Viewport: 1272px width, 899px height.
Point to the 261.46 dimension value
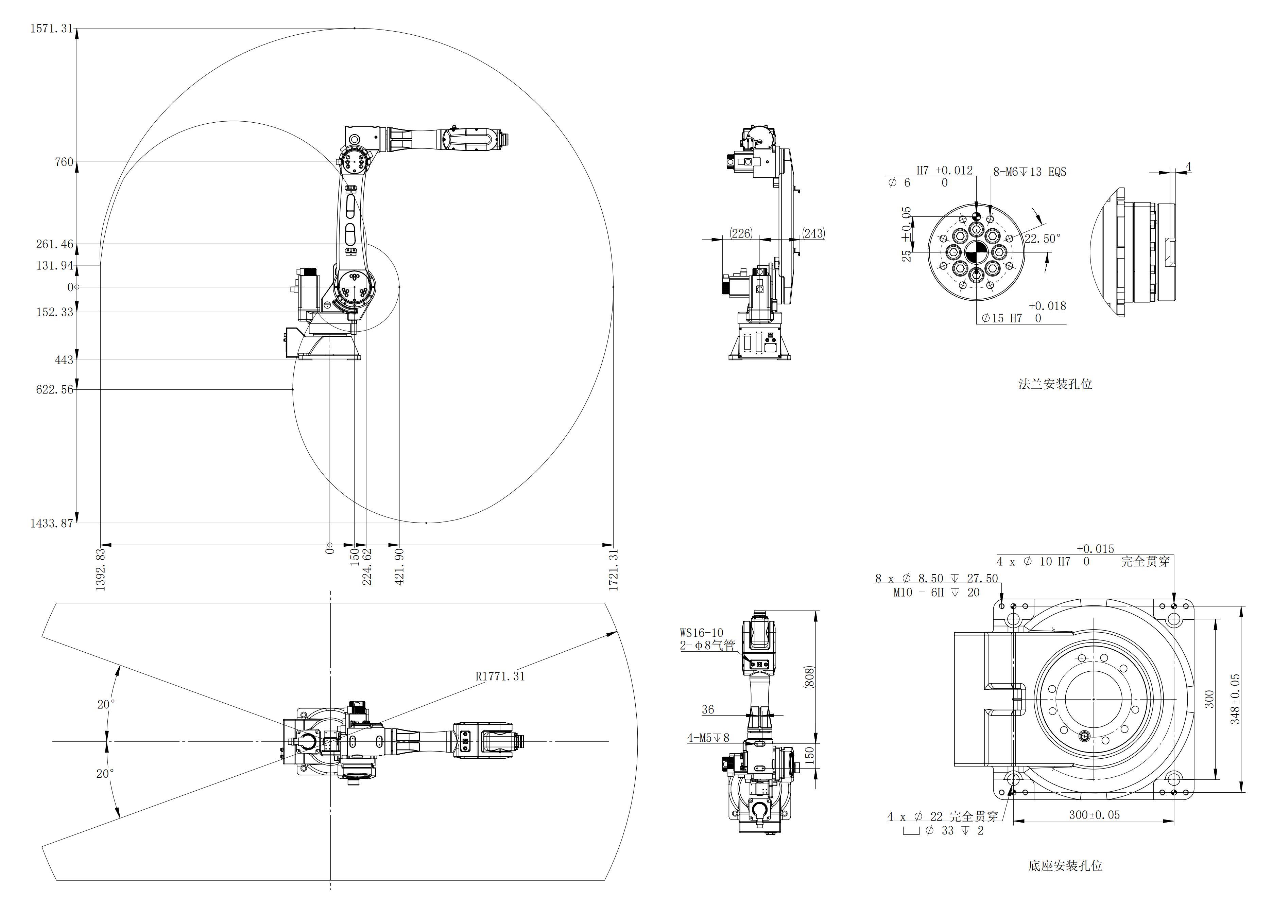click(54, 244)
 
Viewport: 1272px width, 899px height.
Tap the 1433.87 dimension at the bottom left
click(52, 524)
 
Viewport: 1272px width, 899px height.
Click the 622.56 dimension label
click(54, 390)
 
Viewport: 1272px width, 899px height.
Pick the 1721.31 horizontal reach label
click(614, 570)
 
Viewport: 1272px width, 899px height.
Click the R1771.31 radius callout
click(500, 676)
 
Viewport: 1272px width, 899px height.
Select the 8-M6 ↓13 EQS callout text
click(1029, 172)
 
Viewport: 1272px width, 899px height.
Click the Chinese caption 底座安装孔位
click(1065, 866)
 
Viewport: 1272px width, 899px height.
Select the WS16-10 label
click(701, 633)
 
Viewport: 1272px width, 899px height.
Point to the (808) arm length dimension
click(808, 677)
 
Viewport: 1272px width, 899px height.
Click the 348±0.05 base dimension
click(1235, 699)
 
